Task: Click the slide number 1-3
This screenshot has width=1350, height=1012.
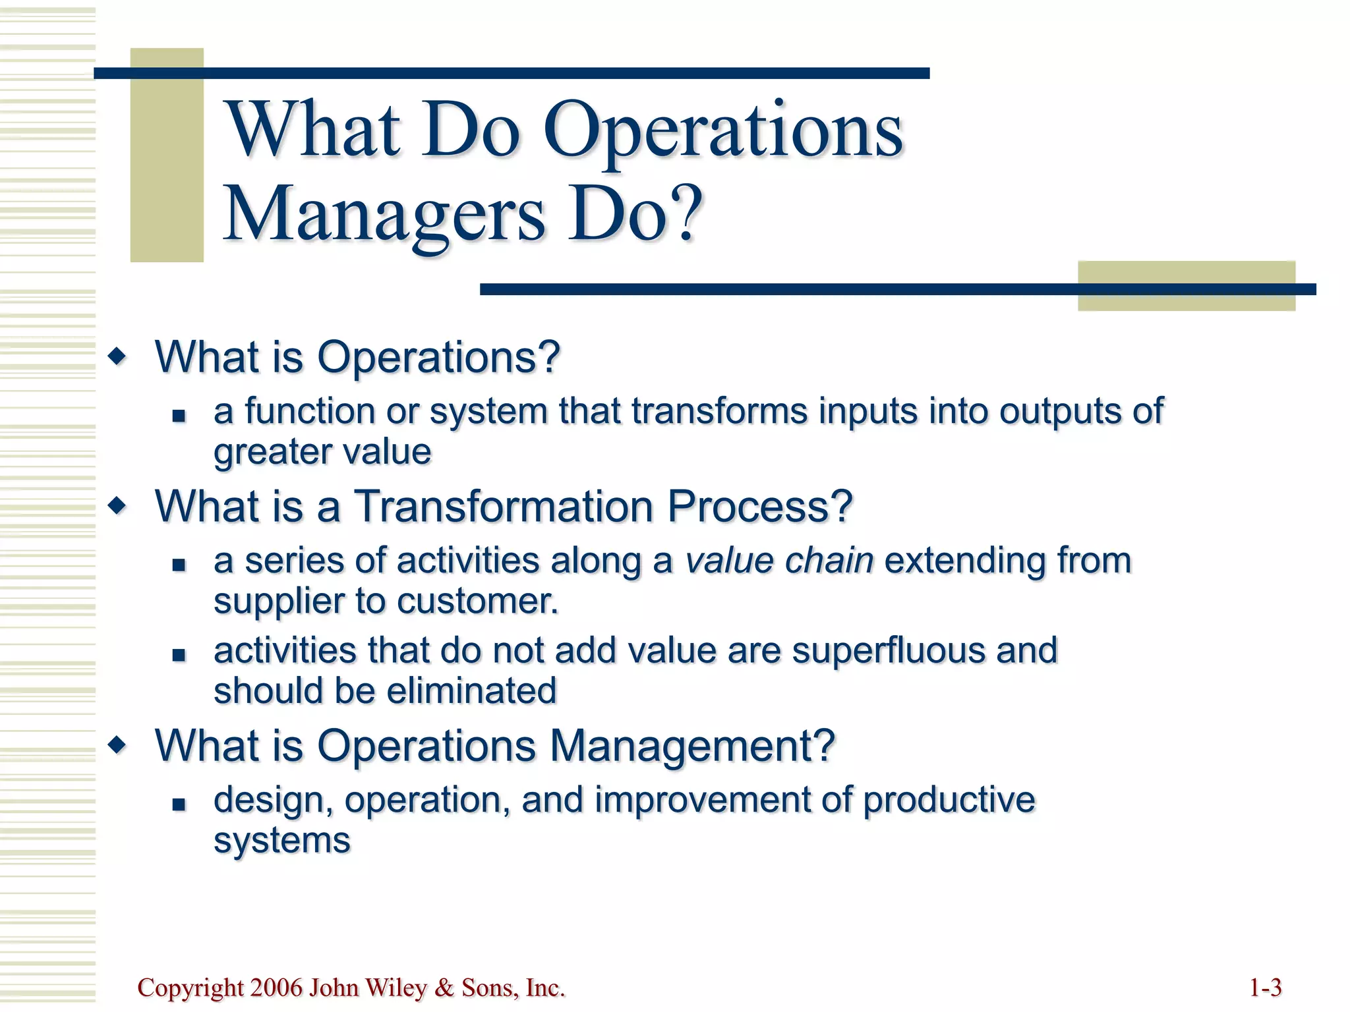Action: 1265,988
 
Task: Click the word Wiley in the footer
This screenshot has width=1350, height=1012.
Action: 396,988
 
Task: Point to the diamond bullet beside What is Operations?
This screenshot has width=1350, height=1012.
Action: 118,357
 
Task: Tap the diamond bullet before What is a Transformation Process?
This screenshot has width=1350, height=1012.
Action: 118,507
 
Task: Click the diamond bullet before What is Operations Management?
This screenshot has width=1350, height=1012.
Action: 118,746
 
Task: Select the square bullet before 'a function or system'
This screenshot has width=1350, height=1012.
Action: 179,416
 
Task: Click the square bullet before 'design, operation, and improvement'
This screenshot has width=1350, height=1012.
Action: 179,804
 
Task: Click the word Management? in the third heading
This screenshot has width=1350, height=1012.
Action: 692,746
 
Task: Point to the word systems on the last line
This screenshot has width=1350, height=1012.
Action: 281,841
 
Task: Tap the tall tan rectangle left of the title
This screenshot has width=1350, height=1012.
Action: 167,155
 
